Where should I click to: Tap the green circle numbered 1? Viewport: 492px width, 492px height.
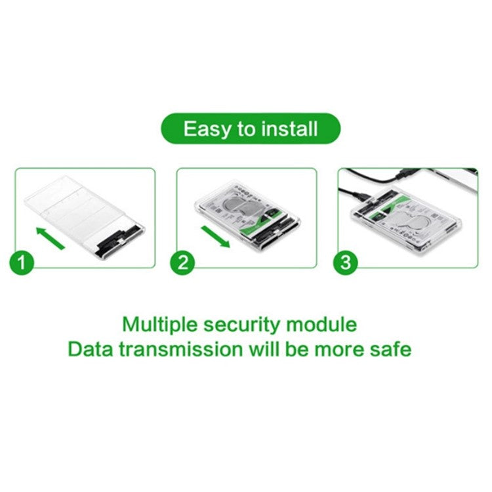click(x=24, y=264)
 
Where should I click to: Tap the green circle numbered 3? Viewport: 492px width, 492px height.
click(x=345, y=264)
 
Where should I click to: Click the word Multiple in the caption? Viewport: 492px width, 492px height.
click(x=160, y=325)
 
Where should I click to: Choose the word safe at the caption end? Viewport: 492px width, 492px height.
click(x=392, y=348)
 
